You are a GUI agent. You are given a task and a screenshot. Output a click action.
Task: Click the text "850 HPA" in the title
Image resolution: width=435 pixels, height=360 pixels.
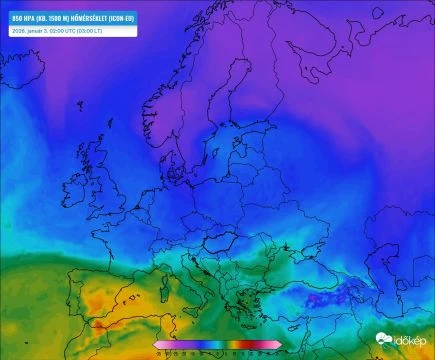pyautogui.click(x=21, y=18)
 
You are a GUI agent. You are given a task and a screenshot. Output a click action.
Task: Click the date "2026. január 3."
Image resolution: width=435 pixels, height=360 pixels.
pyautogui.click(x=30, y=30)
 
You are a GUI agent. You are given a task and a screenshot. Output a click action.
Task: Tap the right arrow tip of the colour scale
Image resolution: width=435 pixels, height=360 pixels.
pyautogui.click(x=281, y=345)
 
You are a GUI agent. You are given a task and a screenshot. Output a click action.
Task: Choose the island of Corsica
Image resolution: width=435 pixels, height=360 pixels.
pyautogui.click(x=188, y=272)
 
